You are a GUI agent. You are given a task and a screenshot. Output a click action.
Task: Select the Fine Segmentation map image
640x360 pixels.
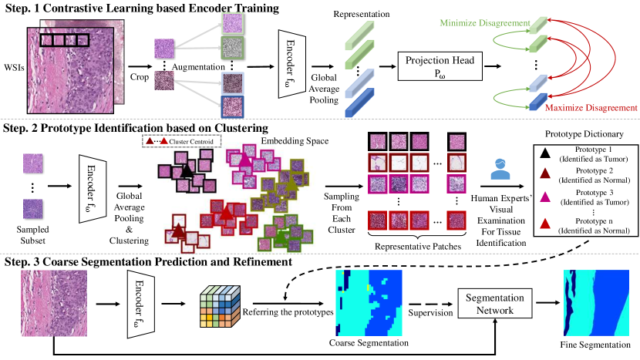tap(594, 304)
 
